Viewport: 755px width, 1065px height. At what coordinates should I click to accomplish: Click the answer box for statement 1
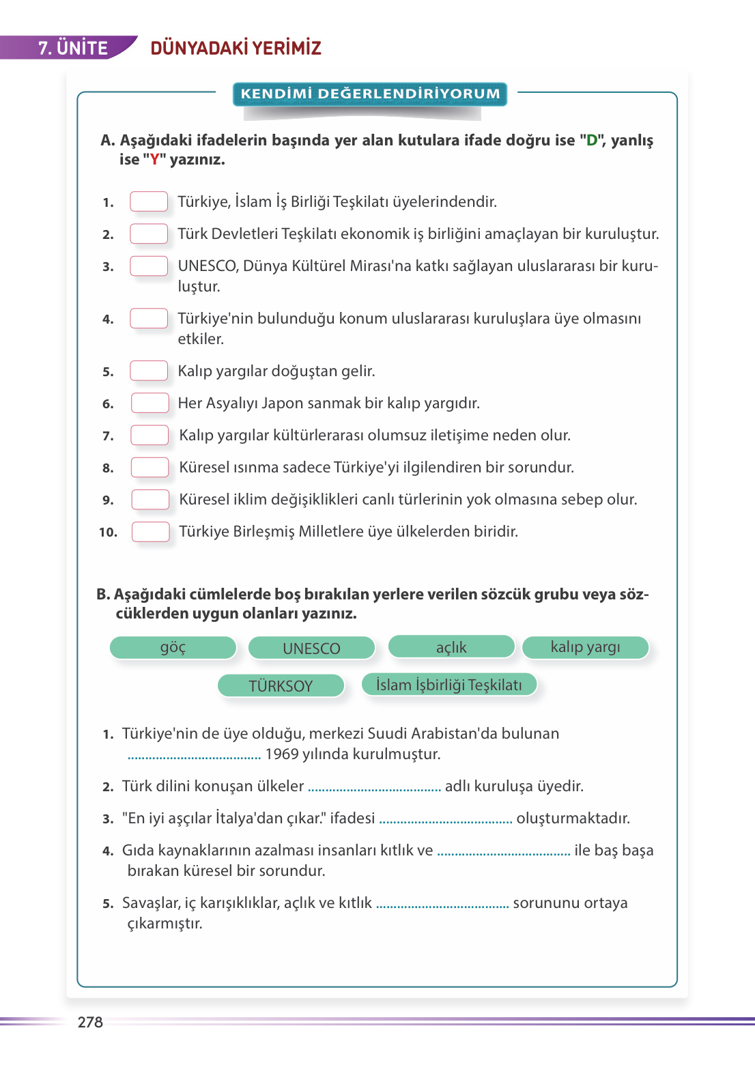tap(149, 201)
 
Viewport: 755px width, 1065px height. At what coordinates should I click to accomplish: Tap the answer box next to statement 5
tap(149, 371)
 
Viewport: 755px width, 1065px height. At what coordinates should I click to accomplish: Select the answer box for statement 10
tap(150, 531)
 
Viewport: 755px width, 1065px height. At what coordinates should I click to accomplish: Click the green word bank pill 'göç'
tap(173, 647)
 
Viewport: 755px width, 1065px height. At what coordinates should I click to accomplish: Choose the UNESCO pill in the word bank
tap(311, 648)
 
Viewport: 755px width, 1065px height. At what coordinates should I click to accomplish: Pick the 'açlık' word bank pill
tap(451, 647)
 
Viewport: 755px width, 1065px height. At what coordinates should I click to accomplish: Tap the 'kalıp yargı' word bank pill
tap(585, 647)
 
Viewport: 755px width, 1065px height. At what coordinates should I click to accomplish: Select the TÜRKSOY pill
tap(281, 685)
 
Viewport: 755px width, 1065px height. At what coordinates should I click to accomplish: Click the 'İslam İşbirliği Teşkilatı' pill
tap(448, 684)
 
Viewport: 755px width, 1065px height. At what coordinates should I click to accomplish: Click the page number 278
tap(90, 1022)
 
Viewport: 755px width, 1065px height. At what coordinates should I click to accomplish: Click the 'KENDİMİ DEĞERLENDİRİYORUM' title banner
tap(370, 94)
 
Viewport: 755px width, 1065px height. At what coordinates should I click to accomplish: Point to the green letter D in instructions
tap(592, 140)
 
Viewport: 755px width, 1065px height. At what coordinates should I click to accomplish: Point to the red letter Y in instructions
tap(155, 160)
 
